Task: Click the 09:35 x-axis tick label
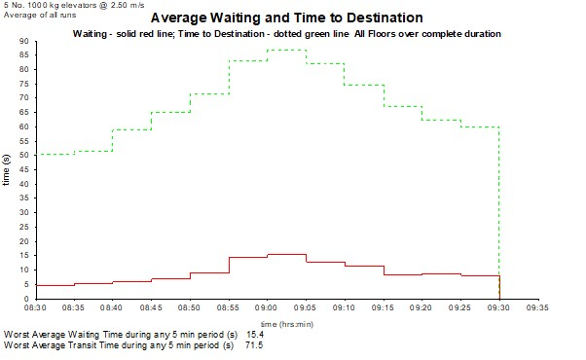click(x=537, y=307)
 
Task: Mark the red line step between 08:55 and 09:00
click(x=247, y=257)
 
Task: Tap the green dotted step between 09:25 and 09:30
click(x=479, y=126)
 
